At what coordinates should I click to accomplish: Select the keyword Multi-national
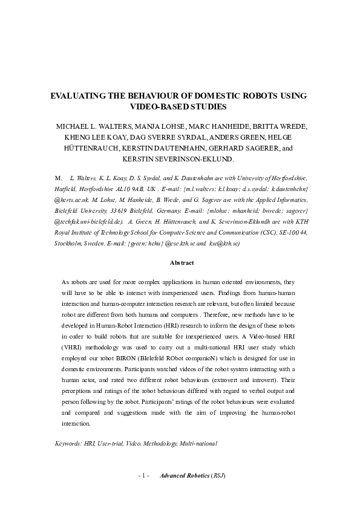pos(198,443)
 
